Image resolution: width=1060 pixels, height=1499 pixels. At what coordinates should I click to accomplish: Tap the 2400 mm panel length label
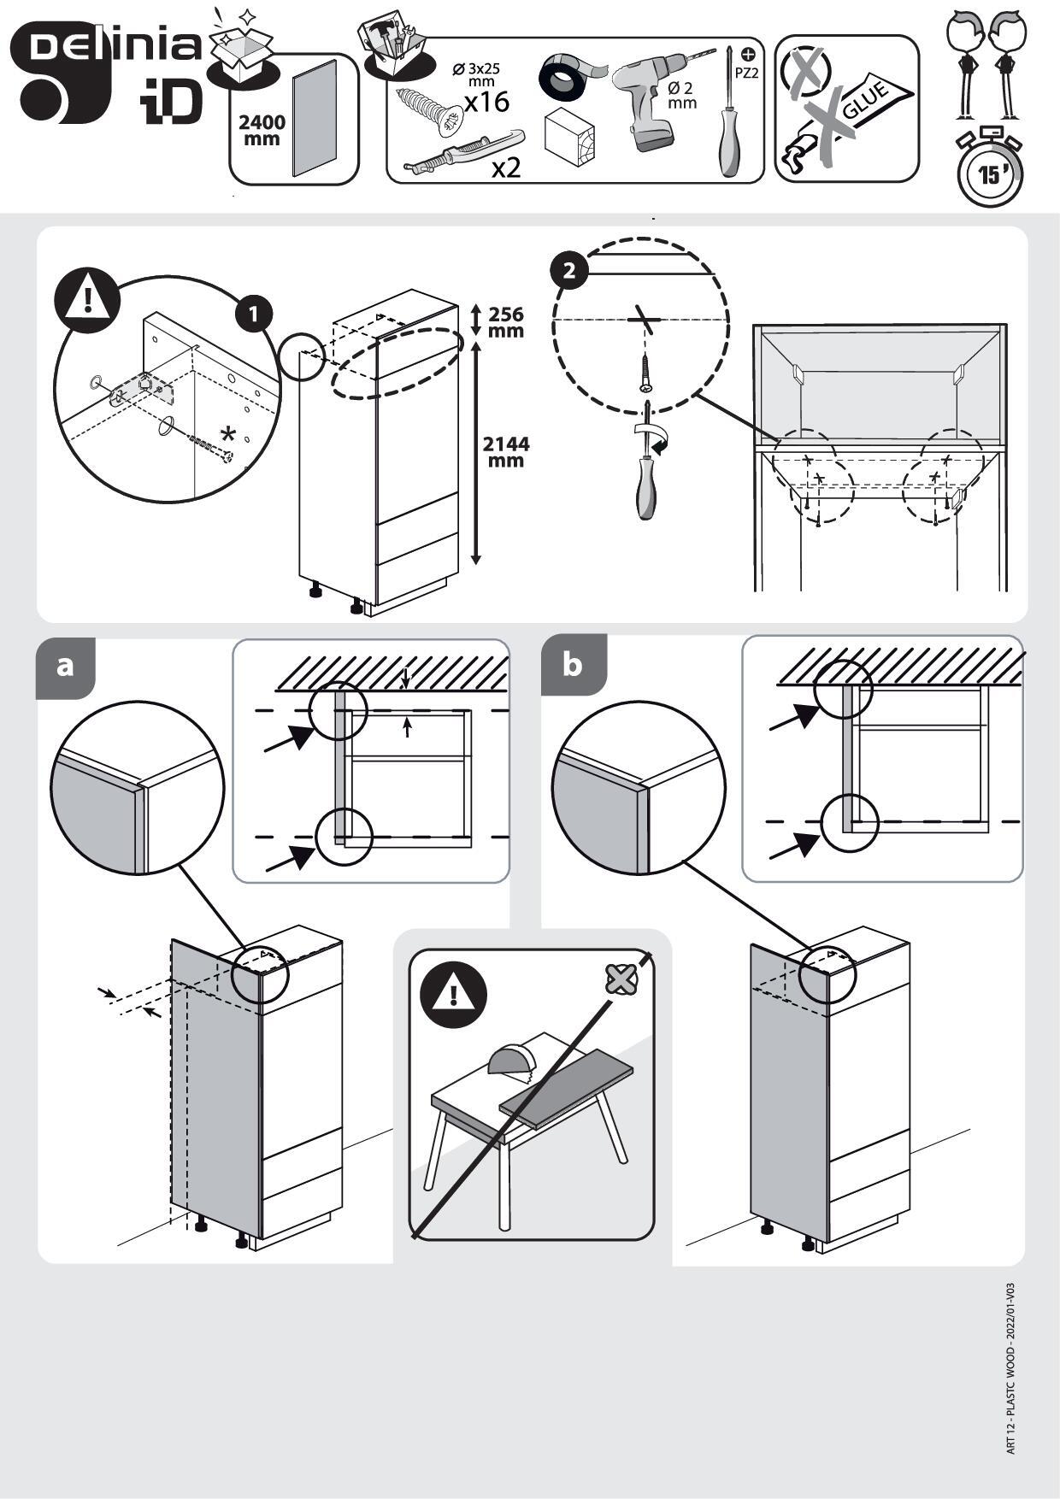(x=262, y=130)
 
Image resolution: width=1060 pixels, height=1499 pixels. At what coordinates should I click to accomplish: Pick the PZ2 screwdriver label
(x=746, y=73)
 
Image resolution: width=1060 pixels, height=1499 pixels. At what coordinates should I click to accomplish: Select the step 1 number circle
(x=254, y=314)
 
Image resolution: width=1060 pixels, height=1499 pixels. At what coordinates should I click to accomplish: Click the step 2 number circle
(x=569, y=271)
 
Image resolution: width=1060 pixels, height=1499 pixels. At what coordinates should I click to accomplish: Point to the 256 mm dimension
(x=505, y=322)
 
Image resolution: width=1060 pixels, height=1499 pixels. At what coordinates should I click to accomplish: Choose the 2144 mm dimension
(x=505, y=451)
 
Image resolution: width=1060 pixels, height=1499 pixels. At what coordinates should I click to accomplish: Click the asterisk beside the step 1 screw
(x=227, y=432)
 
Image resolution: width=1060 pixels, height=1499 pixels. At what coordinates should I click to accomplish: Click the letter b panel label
(x=572, y=664)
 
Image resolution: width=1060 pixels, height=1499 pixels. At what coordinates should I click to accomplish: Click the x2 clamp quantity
(x=506, y=168)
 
